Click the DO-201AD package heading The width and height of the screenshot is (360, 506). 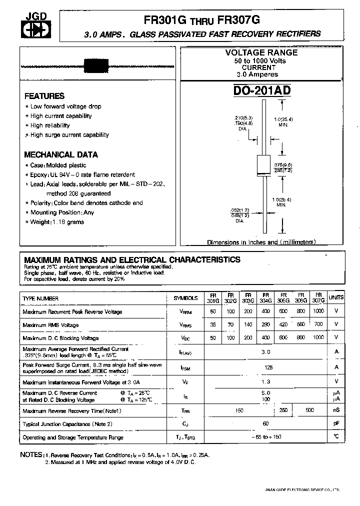pos(262,90)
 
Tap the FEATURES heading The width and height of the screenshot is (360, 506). pos(44,96)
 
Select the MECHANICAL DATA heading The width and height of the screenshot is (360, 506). pos(61,154)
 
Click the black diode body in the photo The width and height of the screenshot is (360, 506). pos(92,66)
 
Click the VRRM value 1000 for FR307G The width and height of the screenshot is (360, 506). pos(318,311)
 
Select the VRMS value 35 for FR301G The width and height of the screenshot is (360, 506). pos(213,324)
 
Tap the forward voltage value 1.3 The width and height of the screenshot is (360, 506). pos(265,382)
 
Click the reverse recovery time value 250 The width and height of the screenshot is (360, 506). pos(283,410)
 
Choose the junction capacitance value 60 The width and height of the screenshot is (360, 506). pos(265,423)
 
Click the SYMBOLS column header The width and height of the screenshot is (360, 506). pos(185,298)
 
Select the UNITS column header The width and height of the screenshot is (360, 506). pos(336,297)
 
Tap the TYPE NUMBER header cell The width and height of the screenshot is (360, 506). pos(40,298)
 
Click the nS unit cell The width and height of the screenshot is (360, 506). pos(336,410)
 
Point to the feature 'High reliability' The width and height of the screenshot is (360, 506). pos(50,125)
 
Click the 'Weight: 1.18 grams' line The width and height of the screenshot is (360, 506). pos(57,222)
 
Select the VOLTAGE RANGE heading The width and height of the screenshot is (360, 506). pos(261,52)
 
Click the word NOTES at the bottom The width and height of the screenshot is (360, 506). pos(31,454)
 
